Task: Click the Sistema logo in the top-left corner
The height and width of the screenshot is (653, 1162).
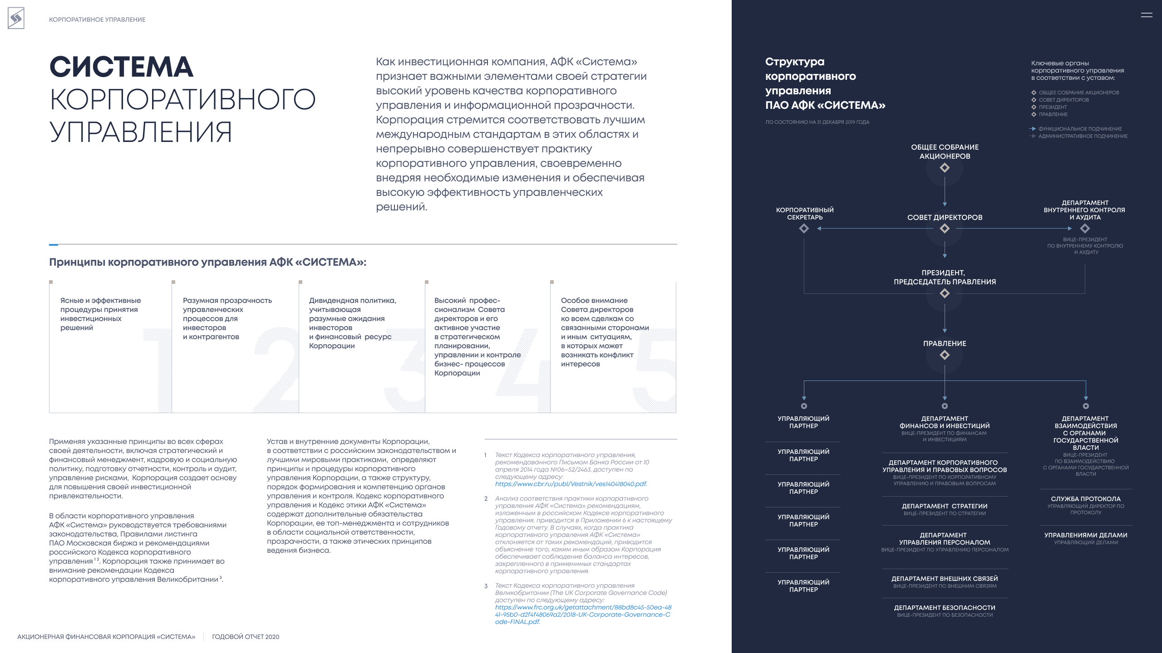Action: point(16,19)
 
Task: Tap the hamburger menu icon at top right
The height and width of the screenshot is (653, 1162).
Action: point(1146,15)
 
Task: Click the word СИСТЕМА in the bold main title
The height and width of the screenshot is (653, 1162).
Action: point(121,67)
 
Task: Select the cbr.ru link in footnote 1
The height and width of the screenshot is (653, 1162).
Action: point(571,484)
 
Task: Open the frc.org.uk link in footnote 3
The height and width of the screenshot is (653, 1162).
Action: point(583,614)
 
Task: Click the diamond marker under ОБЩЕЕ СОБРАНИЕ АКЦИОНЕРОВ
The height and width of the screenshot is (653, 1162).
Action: point(945,168)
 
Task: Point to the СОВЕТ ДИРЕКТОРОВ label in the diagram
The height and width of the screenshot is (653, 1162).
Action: point(945,218)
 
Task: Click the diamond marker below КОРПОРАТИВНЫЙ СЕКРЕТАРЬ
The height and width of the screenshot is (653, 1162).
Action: point(804,229)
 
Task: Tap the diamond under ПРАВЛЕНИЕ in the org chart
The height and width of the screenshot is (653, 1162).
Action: point(945,355)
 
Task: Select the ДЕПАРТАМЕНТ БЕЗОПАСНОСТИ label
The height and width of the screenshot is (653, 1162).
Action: point(945,608)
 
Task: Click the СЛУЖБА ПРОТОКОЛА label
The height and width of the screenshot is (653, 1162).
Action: point(1086,499)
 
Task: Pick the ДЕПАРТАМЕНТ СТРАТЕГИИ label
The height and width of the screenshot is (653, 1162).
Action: point(945,506)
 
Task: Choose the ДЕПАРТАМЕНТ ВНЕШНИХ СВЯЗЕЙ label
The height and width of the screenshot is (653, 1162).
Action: point(945,579)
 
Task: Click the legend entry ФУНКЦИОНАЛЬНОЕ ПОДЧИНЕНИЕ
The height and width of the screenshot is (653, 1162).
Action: point(1080,129)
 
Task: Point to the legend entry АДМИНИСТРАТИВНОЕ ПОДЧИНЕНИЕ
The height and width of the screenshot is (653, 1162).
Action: point(1083,136)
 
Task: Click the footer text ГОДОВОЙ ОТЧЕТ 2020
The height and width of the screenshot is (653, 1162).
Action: point(246,637)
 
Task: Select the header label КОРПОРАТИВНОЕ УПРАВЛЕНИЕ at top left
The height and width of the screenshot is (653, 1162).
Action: point(97,19)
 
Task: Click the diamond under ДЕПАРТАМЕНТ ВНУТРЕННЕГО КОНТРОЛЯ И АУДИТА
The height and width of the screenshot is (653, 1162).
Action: point(1085,229)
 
